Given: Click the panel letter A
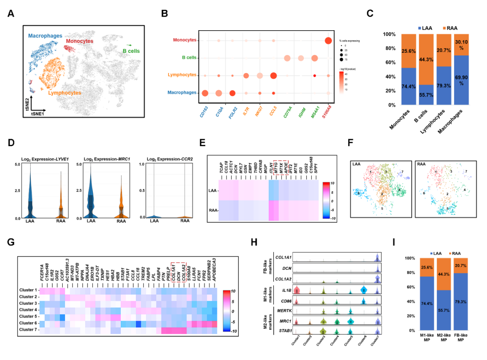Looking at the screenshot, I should [x=10, y=14].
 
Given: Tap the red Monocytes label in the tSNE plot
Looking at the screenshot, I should [x=79, y=41].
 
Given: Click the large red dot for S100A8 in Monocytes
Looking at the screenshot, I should [x=328, y=40].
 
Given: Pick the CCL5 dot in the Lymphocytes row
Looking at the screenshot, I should [x=273, y=75].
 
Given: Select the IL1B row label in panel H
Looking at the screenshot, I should [x=283, y=291].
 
